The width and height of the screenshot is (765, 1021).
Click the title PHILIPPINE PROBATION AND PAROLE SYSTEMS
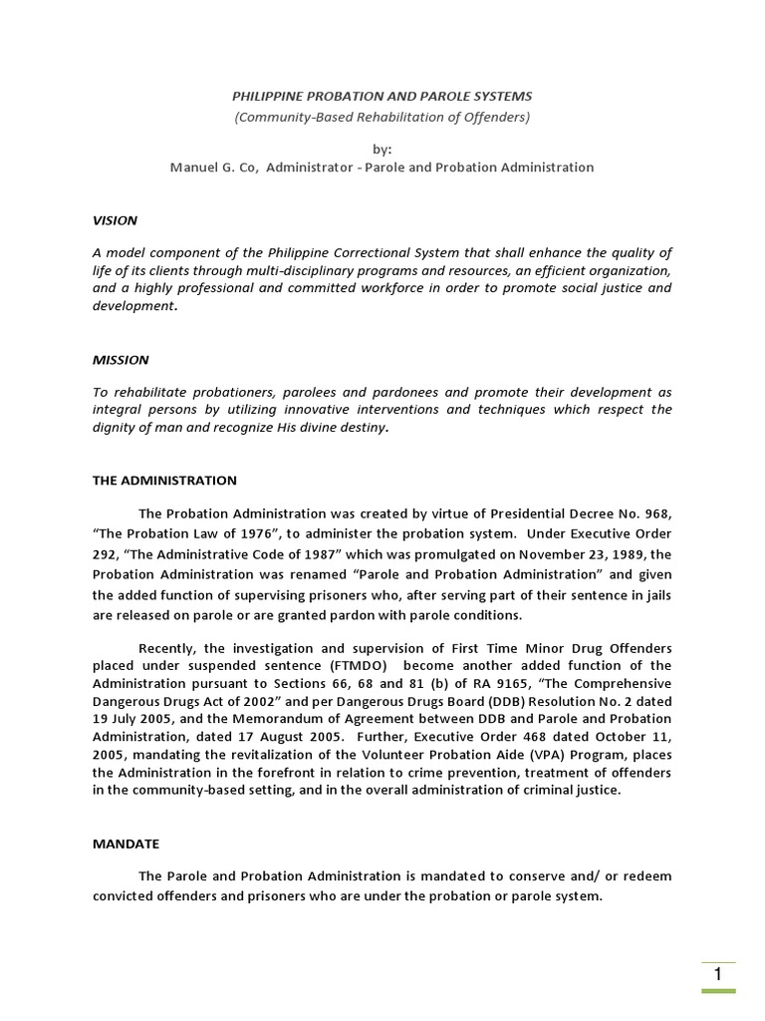click(382, 96)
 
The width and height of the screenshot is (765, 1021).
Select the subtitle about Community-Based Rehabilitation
click(382, 117)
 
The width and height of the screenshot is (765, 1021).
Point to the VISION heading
click(115, 220)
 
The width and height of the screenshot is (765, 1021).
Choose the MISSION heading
click(121, 359)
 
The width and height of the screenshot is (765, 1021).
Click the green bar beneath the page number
click(718, 991)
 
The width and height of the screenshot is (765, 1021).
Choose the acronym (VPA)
click(580, 755)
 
